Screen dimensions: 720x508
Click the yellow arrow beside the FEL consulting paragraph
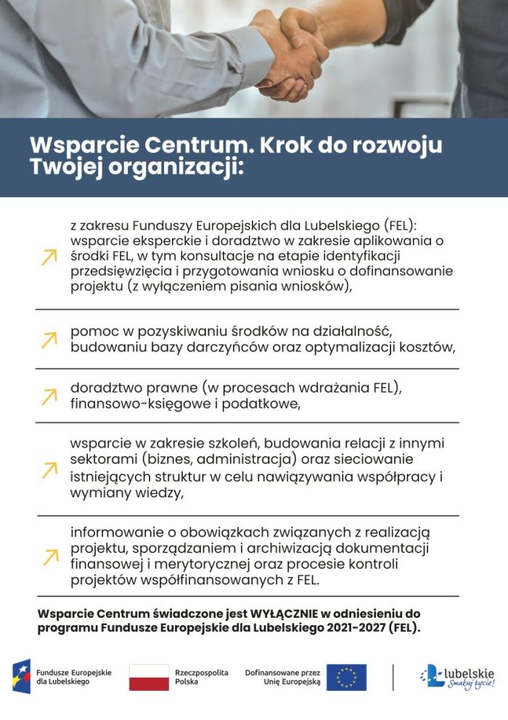(x=49, y=257)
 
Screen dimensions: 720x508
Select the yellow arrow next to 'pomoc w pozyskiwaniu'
(x=49, y=339)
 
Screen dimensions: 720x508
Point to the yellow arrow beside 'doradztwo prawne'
(x=49, y=396)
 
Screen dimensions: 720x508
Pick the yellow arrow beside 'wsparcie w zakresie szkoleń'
(x=49, y=469)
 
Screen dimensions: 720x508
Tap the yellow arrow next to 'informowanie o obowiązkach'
(x=49, y=556)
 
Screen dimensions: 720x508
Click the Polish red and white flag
(x=149, y=677)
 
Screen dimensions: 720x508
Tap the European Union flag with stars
(x=346, y=677)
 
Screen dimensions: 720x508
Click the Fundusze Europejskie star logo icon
(x=21, y=677)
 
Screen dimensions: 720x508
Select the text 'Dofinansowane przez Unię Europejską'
(x=282, y=677)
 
